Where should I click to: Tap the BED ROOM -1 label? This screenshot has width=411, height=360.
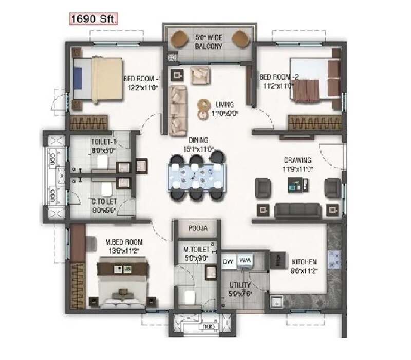pos(142,79)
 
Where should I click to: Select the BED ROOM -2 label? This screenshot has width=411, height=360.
pos(279,77)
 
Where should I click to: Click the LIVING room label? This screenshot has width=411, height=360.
pos(225,103)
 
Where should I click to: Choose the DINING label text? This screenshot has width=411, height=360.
pos(198,140)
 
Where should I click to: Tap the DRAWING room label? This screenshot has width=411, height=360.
pos(296,160)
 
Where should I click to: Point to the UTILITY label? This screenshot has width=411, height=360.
pos(240,284)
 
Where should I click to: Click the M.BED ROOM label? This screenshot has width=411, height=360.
pos(124,242)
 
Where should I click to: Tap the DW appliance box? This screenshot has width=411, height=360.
pos(228,262)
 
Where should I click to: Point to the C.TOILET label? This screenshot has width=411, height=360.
pos(104,201)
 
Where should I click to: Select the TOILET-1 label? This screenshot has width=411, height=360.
pos(103,141)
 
